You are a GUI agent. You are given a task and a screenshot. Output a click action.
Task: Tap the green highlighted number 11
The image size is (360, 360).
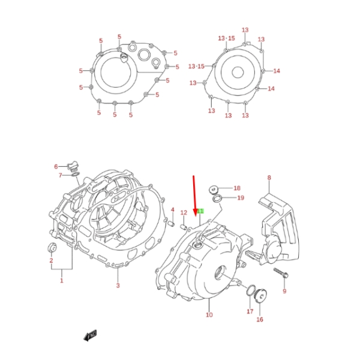pos(201,212)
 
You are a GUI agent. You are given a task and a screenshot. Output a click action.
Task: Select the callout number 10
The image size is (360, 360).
pos(209,314)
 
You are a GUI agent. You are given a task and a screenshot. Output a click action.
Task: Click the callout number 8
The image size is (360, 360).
pos(269,178)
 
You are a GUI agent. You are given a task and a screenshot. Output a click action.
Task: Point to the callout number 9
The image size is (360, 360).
pos(284,292)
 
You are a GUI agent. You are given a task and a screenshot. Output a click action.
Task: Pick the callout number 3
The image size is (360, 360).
pos(118,286)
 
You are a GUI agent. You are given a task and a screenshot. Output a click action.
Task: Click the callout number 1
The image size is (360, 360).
pos(61,280)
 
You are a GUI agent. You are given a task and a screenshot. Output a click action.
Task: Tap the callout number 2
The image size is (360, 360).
pos(51,261)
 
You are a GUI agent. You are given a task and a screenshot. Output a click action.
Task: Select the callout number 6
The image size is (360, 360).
pos(56,166)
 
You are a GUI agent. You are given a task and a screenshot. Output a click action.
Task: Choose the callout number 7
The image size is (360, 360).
pos(61,175)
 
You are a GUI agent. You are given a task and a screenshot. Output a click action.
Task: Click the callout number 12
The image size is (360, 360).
pos(184,212)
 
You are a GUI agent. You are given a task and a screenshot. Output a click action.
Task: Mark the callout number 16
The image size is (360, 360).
pos(260,319)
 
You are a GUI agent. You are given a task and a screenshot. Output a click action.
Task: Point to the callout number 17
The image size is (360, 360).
pos(250,311)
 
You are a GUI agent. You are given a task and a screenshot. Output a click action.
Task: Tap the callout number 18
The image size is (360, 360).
pos(236,188)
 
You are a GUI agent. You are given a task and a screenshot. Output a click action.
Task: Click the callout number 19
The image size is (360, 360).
pos(240,197)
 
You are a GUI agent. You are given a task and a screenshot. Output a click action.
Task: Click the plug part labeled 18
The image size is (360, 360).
pos(213,189)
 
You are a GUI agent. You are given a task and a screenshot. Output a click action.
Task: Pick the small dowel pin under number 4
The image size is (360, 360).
pos(172,225)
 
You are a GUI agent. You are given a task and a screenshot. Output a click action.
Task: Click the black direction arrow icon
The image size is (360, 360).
pos(91,336)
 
